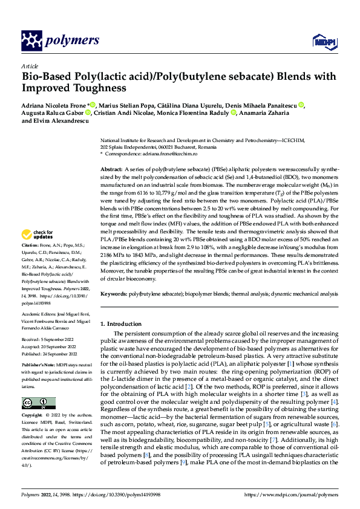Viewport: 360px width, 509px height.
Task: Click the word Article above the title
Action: [30, 66]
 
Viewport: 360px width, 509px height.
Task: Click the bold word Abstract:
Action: [112, 170]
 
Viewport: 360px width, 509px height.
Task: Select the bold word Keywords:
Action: [114, 293]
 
